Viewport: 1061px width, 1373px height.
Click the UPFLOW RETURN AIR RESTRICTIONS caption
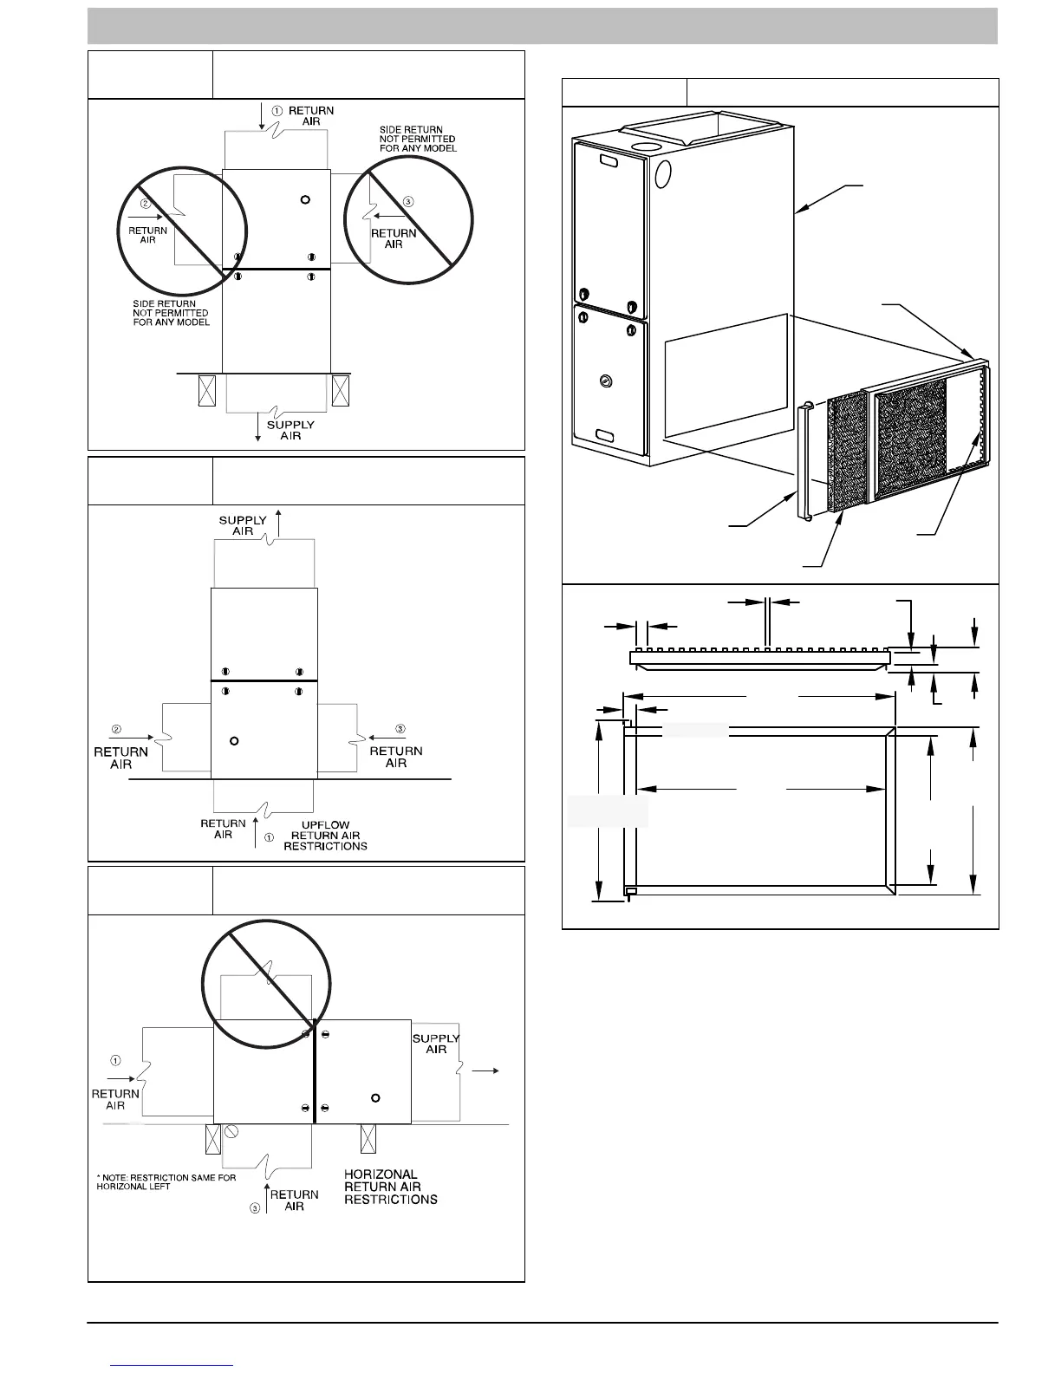point(325,836)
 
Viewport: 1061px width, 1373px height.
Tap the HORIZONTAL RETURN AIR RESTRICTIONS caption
point(390,1187)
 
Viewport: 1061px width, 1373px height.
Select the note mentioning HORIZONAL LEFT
point(166,1181)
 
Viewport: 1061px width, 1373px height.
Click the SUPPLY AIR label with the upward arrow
point(243,525)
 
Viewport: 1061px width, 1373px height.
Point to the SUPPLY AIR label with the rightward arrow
point(436,1044)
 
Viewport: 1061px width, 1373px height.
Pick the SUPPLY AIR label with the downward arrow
point(290,430)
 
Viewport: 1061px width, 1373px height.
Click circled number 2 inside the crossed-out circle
point(146,204)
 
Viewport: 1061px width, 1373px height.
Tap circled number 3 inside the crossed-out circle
point(408,202)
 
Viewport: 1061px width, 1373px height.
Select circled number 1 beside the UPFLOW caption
point(270,837)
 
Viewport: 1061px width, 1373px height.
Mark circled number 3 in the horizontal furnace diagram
point(256,1208)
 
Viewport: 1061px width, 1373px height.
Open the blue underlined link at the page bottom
point(172,1365)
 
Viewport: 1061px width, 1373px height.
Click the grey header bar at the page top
point(542,26)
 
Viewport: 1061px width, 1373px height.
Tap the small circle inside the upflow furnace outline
point(234,740)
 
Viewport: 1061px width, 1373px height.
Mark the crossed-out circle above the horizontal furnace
point(265,986)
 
